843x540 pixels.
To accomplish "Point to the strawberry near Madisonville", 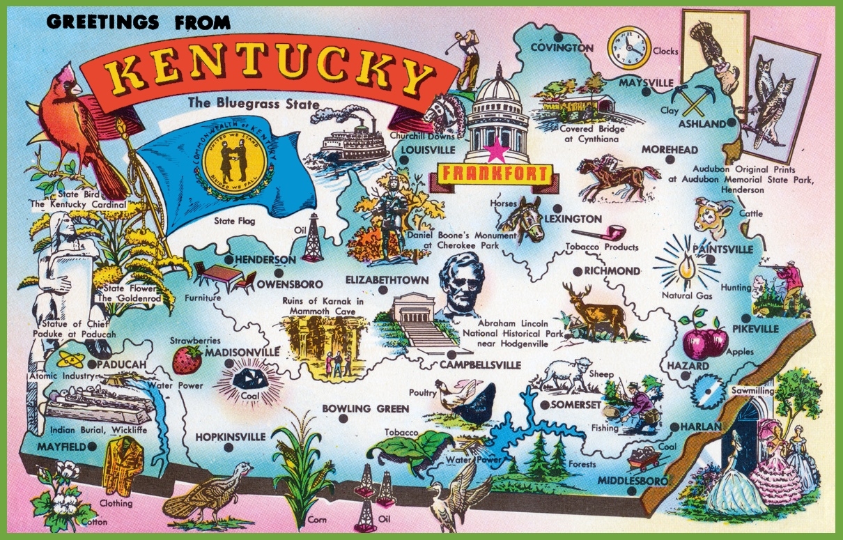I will (187, 360).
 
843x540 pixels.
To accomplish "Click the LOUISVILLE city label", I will (427, 150).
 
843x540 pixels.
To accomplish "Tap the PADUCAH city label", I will (122, 364).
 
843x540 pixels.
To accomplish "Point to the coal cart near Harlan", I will (644, 459).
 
